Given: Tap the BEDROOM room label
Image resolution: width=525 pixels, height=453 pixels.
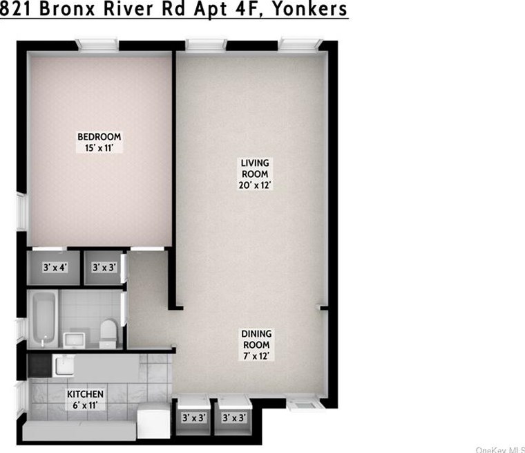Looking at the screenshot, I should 99,136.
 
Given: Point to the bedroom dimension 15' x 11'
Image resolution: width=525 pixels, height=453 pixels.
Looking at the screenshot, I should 99,147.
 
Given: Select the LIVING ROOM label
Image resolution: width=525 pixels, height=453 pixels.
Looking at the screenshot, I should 254,168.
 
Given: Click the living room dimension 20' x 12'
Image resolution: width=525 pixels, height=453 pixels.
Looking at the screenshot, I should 254,185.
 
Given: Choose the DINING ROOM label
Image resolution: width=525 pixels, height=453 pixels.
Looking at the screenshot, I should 256,339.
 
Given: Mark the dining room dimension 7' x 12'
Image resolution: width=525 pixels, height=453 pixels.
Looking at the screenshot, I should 256,356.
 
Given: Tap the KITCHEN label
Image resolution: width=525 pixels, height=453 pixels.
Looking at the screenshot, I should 85,394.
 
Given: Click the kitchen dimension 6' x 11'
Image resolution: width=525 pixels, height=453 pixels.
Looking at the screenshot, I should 86,405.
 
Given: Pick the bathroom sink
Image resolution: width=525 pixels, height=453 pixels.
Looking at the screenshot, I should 73,338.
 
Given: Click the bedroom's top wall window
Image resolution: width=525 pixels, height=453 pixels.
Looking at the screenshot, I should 98,45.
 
